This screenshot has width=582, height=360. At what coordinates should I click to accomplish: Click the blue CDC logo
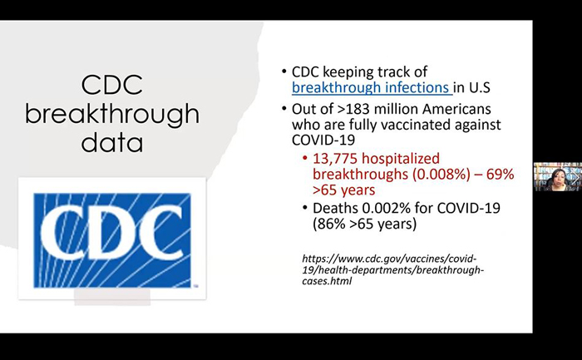point(112,240)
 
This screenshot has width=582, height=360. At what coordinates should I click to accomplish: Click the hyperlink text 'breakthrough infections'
point(371,87)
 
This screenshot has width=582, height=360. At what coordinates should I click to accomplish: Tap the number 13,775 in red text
point(335,159)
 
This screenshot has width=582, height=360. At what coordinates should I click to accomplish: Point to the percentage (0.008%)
point(441,174)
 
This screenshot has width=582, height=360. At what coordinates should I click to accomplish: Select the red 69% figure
point(500,174)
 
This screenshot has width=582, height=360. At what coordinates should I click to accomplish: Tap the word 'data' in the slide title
point(112,141)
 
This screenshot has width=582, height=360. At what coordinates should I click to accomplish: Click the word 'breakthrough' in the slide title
point(112,114)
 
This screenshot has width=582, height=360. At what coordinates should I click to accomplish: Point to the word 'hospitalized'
point(401,160)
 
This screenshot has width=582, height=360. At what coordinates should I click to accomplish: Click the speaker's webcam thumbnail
point(558,176)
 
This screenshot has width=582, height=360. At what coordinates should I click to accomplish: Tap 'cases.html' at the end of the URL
point(327,281)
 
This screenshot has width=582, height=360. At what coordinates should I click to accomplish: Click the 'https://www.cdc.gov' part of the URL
point(348,259)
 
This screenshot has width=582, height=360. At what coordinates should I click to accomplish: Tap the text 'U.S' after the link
point(480,87)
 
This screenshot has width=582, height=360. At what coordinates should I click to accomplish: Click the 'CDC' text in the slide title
point(112,85)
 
